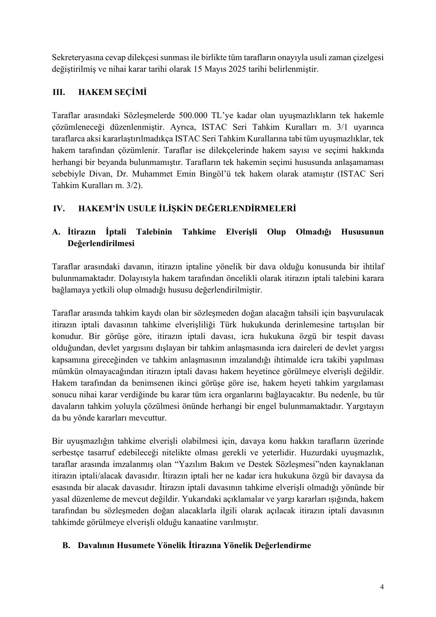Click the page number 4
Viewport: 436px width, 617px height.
[382, 587]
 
